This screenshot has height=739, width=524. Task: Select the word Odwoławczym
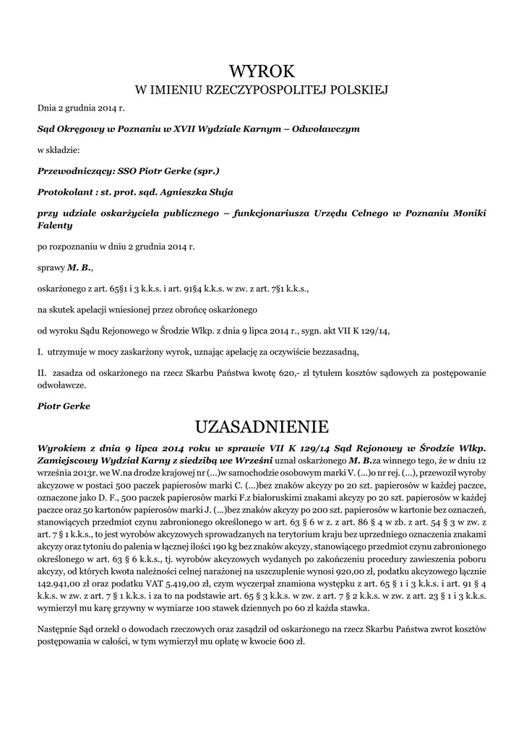click(328, 128)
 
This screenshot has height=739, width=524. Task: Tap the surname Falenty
click(56, 225)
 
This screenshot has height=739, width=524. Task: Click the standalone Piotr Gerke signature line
click(64, 406)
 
